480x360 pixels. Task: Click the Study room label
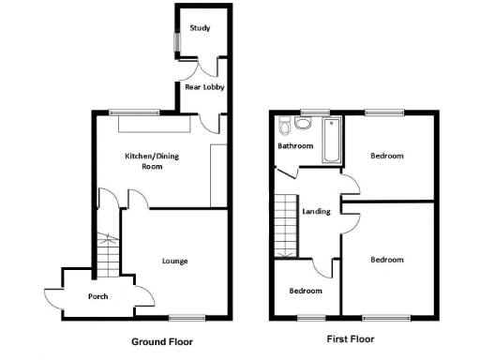199,28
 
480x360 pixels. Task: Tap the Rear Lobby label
201,87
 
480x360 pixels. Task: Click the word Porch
98,296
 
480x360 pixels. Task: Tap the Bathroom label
294,146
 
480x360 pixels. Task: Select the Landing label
315,211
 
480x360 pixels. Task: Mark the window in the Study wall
175,43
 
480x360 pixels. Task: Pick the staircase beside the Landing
285,225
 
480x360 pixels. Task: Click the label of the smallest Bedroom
305,291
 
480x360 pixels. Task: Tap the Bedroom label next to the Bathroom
386,156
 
